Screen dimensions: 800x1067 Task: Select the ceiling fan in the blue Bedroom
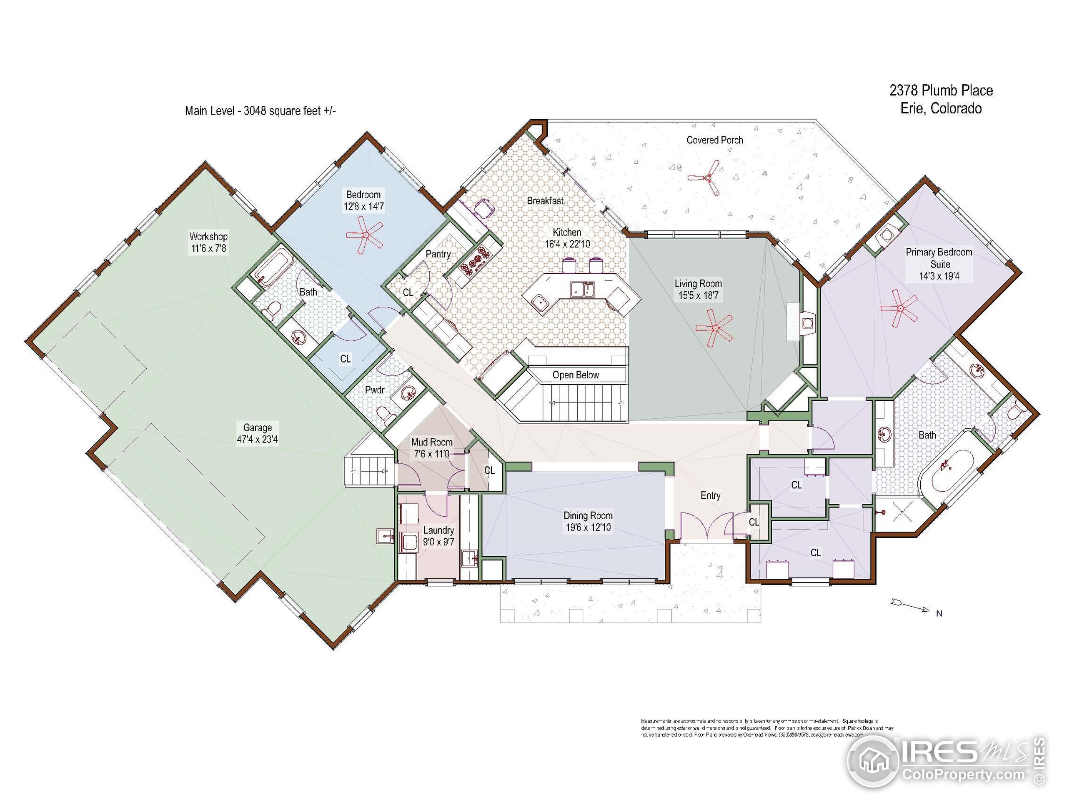(365, 235)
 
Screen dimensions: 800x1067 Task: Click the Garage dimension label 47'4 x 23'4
(257, 439)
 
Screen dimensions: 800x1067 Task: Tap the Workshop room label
(208, 236)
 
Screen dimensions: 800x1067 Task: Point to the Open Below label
(576, 375)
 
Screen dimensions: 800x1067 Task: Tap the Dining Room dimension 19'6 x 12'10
(588, 527)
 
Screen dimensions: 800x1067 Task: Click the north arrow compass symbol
(910, 606)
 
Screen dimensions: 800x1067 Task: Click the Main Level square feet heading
(260, 111)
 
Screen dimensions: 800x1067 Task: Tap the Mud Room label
(432, 442)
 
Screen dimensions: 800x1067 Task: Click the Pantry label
(438, 254)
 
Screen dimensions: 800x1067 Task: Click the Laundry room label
(438, 530)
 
